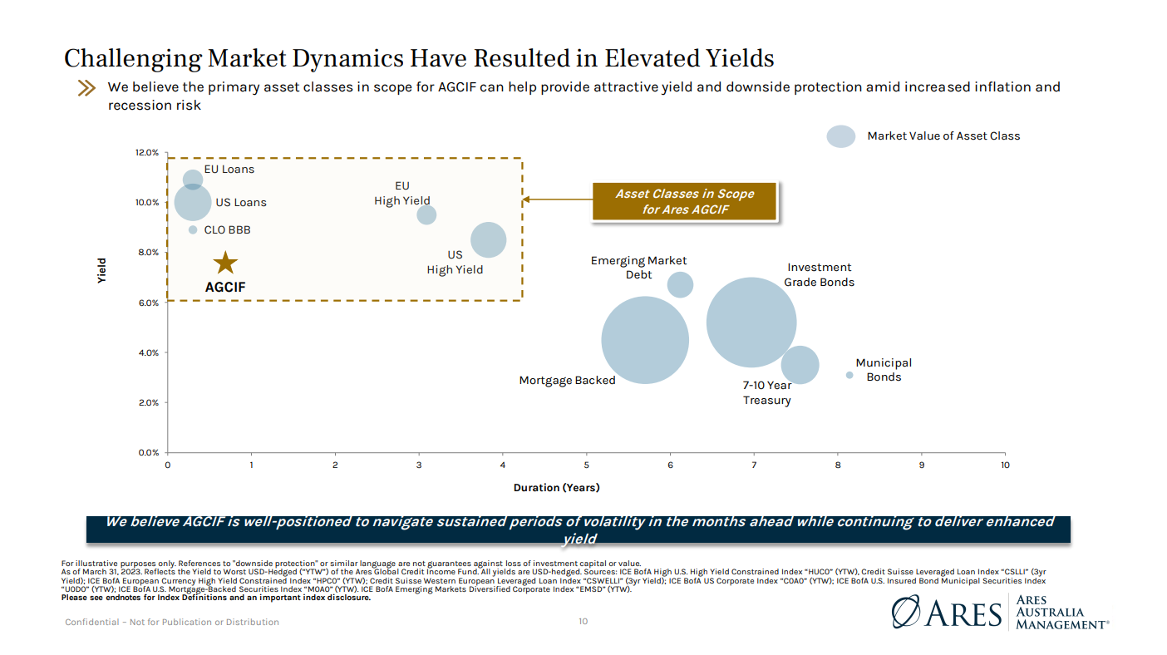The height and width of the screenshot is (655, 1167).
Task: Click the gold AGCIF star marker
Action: [x=225, y=263]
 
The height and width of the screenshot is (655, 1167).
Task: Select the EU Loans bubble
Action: [x=193, y=179]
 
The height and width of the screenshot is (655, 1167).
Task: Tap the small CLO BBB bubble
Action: [x=193, y=229]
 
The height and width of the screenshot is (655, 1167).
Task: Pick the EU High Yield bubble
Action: [x=426, y=214]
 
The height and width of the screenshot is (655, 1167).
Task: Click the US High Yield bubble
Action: [x=488, y=239]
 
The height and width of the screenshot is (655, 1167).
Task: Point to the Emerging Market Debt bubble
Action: [x=680, y=285]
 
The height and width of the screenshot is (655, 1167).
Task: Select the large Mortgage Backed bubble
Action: [x=645, y=340]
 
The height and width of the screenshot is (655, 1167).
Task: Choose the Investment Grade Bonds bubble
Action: [x=751, y=322]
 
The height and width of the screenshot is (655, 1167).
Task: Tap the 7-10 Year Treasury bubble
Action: [x=800, y=365]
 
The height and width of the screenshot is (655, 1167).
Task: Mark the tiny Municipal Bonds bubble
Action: [x=849, y=375]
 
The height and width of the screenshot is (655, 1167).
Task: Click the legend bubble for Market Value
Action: [x=841, y=136]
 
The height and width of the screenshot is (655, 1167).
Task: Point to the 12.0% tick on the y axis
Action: [x=147, y=153]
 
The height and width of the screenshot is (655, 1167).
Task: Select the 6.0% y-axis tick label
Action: [x=147, y=303]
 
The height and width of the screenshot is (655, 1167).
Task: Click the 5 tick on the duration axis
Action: [x=586, y=465]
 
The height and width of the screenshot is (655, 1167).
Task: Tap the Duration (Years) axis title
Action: [x=556, y=487]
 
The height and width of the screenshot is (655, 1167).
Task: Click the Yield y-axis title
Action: [x=101, y=270]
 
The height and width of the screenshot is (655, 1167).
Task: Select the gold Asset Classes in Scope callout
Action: [x=684, y=201]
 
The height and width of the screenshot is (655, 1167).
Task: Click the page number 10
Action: [x=583, y=621]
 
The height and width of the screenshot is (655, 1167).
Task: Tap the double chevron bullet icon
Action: [x=86, y=88]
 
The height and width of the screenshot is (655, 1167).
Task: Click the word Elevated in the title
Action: [x=654, y=59]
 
